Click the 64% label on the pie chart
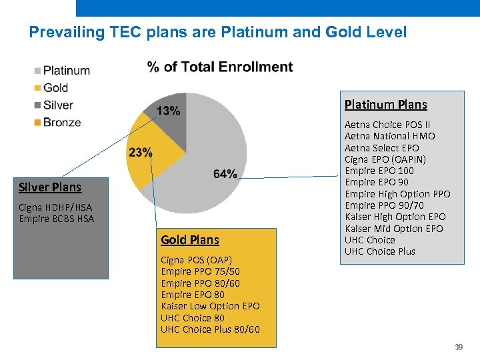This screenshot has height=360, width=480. [x=225, y=173]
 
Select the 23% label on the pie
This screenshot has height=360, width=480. [x=140, y=152]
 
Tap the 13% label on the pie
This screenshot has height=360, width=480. [x=168, y=111]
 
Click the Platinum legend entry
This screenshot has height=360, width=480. [x=66, y=70]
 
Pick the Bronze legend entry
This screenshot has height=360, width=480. [x=61, y=122]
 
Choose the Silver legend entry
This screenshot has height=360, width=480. [x=58, y=105]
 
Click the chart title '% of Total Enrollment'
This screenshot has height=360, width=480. [x=219, y=67]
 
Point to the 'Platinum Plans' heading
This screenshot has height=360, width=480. [x=385, y=104]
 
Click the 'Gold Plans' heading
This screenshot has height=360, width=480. [x=189, y=239]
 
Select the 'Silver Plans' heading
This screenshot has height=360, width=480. [x=50, y=187]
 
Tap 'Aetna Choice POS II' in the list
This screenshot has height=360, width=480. [x=387, y=125]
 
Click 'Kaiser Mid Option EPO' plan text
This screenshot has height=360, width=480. [x=393, y=229]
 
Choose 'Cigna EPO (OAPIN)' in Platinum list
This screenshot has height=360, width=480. [x=385, y=159]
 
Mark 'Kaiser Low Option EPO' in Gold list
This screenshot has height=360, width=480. [x=210, y=306]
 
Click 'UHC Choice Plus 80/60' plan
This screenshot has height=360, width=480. [x=210, y=329]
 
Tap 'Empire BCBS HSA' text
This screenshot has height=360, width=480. [x=57, y=219]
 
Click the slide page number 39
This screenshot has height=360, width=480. [x=459, y=347]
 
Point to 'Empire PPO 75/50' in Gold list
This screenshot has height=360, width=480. [x=200, y=271]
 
